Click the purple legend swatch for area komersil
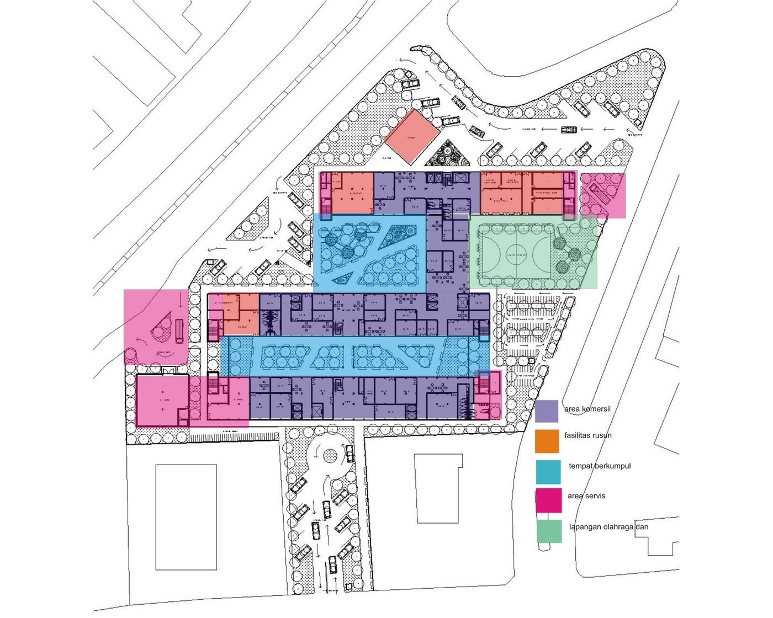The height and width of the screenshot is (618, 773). pos(546,411)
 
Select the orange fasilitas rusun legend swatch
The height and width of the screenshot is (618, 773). pos(547,440)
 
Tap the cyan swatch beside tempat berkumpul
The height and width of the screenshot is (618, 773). pos(547,471)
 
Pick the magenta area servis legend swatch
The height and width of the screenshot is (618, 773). pos(548,500)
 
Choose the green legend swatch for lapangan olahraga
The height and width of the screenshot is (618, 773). pos(549,531)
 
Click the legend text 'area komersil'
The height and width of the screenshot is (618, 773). pos(587,409)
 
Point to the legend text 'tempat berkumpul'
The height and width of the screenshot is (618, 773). pos(599,466)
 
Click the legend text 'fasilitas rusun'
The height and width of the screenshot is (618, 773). pos(587,435)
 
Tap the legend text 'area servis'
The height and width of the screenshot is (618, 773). pos(586,496)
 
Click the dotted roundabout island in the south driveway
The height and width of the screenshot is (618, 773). pos(330,456)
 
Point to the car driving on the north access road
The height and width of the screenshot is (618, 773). pos(568,130)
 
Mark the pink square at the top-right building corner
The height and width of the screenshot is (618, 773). pos(603,195)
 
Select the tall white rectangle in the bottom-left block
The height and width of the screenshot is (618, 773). pos(186,517)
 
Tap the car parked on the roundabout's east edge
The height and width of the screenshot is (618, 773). pos(350,454)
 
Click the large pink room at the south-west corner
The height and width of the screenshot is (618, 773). pos(161,401)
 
